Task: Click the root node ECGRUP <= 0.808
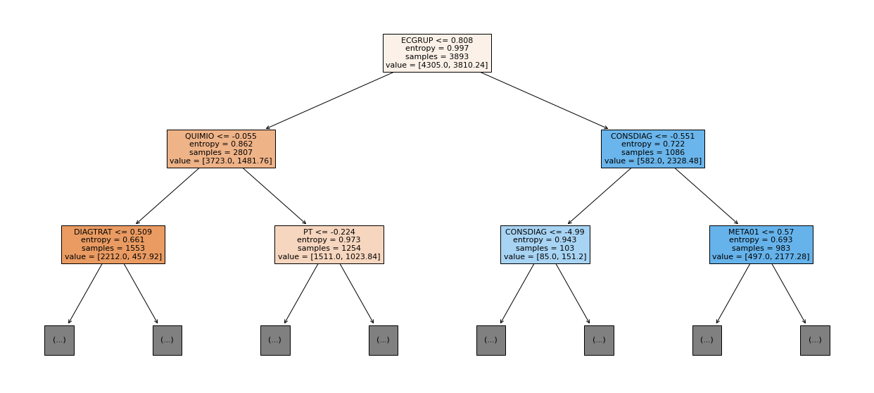coord(437,53)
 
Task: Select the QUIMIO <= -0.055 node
coord(221,149)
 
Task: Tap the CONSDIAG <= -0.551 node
coord(653,149)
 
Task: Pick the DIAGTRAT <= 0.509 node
coord(113,244)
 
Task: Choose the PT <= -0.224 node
coord(329,244)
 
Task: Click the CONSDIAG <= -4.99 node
coord(545,244)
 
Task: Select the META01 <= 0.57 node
coord(761,244)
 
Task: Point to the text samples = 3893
coord(437,56)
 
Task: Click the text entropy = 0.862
coord(221,144)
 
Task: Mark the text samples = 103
coord(545,248)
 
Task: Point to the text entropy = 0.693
coord(761,240)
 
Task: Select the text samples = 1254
coord(329,248)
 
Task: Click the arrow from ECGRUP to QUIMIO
coord(330,101)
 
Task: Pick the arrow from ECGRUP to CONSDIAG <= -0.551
coord(544,101)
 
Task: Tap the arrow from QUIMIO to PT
coord(274,196)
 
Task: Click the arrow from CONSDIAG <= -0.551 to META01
coord(707,196)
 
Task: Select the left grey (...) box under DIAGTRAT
coord(59,340)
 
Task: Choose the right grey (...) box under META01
coord(815,340)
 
